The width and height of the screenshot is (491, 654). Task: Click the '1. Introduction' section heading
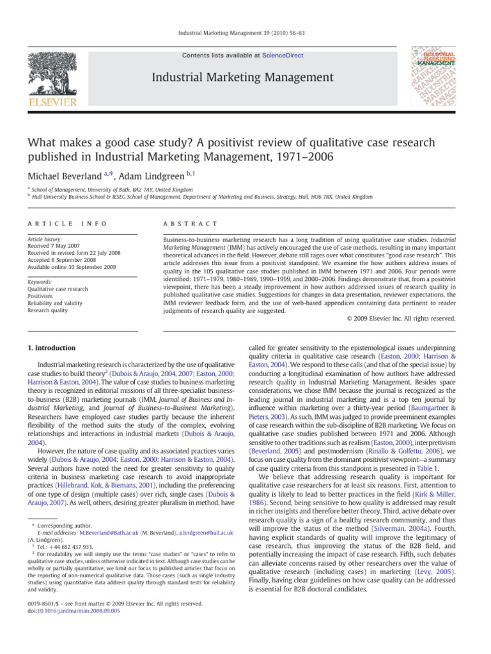point(51,348)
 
